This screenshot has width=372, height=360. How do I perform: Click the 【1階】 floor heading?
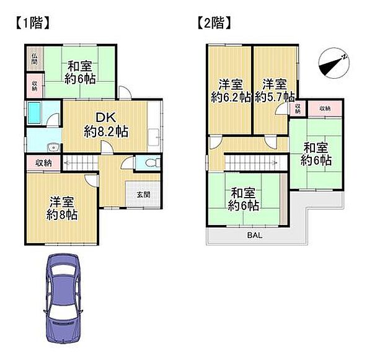click(29, 24)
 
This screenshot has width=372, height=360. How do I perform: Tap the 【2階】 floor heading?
click(213, 24)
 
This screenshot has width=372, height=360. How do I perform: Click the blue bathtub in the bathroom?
click(34, 114)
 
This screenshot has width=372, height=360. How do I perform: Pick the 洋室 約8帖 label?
click(62, 208)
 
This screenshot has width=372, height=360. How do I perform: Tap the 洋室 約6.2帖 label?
click(229, 90)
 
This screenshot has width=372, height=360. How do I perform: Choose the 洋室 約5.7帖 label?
click(273, 90)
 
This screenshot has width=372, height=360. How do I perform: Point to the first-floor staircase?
click(80, 163)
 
